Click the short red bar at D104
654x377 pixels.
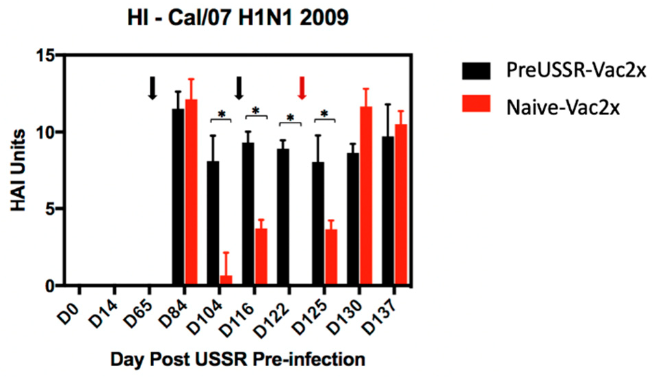pyautogui.click(x=226, y=281)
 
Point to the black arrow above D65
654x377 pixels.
pyautogui.click(x=153, y=88)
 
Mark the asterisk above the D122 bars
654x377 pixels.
pyautogui.click(x=290, y=118)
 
